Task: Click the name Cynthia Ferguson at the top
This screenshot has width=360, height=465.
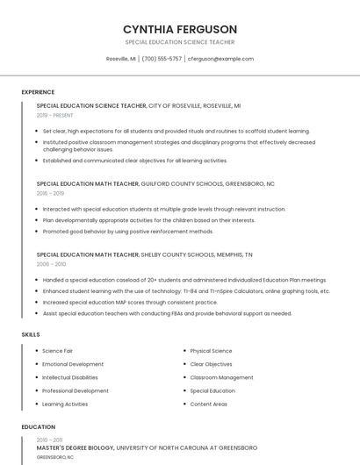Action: point(180,29)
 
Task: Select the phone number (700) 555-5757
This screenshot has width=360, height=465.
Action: point(162,59)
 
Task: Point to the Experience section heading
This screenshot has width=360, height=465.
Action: point(38,92)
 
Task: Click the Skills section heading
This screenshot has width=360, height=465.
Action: point(31,334)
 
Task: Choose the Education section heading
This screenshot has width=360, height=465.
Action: point(39,427)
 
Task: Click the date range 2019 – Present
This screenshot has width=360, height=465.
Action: point(55,115)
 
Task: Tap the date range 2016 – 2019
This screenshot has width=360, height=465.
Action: point(50,193)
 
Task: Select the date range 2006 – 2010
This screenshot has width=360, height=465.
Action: point(51,263)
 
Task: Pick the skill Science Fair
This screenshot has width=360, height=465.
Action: point(58,351)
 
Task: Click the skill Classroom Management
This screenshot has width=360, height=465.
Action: point(221,377)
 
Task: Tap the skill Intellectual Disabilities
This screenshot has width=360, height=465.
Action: point(70,377)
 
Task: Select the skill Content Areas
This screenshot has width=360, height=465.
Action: point(208,404)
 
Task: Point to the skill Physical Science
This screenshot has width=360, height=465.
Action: point(211,351)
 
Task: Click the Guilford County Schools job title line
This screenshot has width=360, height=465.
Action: point(155,184)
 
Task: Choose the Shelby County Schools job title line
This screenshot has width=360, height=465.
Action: point(144,254)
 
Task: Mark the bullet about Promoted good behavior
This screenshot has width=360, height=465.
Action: point(128,232)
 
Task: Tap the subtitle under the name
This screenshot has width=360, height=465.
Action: point(180,42)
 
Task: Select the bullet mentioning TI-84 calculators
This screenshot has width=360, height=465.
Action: point(186,290)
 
